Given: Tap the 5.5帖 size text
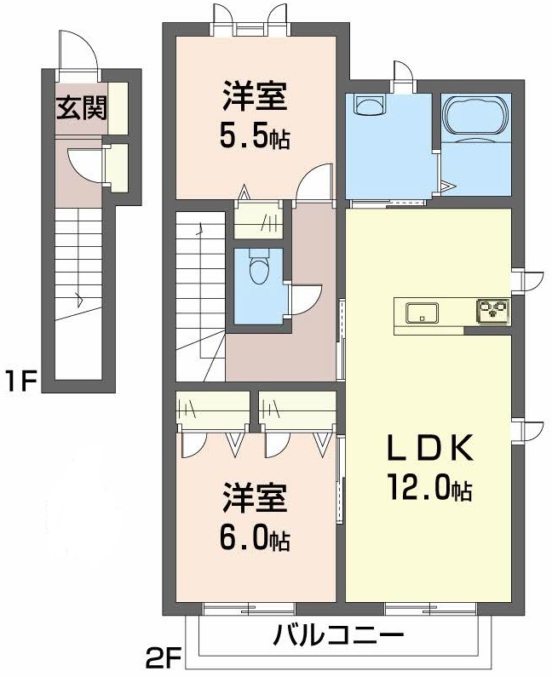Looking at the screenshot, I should pos(256,135).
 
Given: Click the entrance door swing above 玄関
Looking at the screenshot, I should pos(78,50).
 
